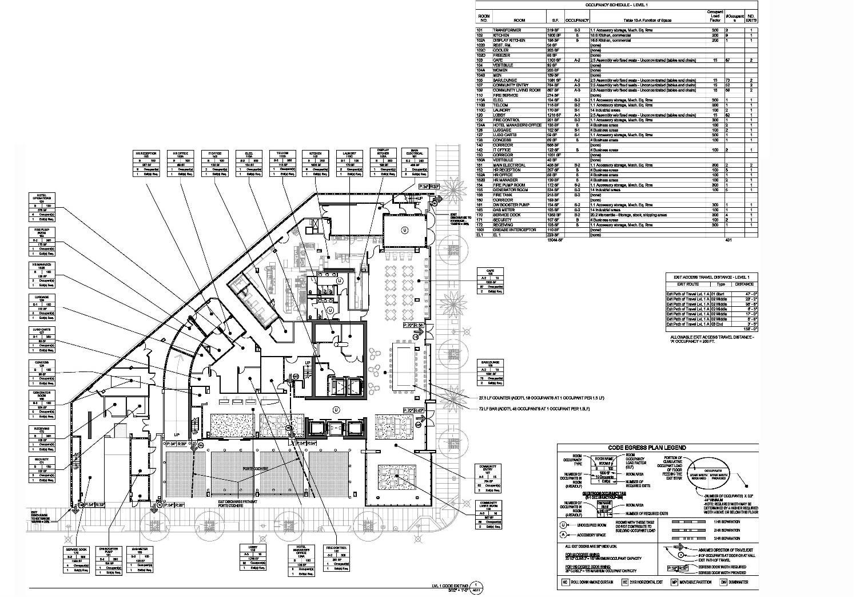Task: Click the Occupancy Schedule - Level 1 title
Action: (615, 5)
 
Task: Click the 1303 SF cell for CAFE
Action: (554, 60)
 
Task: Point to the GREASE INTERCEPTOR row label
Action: (515, 230)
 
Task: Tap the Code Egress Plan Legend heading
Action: (647, 448)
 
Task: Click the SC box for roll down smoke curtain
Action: (564, 582)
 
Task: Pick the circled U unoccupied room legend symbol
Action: (563, 524)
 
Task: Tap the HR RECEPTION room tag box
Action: (145, 163)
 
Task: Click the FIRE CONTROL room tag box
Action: (336, 558)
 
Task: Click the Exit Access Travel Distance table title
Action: (712, 277)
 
